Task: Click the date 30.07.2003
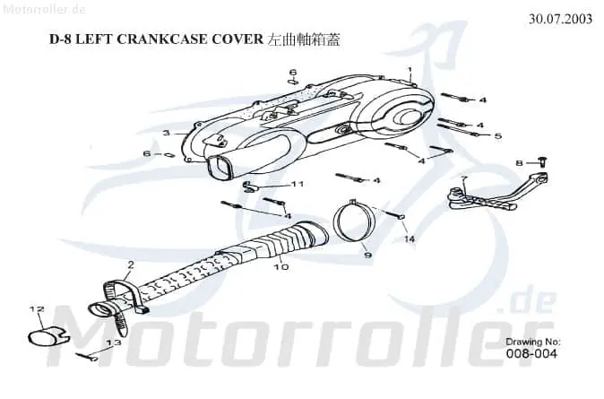pyautogui.click(x=560, y=19)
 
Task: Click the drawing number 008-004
pyautogui.click(x=531, y=353)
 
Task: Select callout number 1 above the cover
pyautogui.click(x=410, y=70)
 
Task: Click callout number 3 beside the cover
pyautogui.click(x=166, y=133)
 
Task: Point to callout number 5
pyautogui.click(x=498, y=135)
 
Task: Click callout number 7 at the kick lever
pyautogui.click(x=464, y=178)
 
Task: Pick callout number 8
pyautogui.click(x=519, y=163)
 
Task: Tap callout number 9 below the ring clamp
pyautogui.click(x=368, y=255)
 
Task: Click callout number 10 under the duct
pyautogui.click(x=281, y=266)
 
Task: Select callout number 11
pyautogui.click(x=298, y=184)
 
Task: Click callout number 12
pyautogui.click(x=37, y=308)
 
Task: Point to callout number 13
pyautogui.click(x=114, y=342)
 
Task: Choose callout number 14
pyautogui.click(x=409, y=239)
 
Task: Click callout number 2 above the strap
pyautogui.click(x=131, y=265)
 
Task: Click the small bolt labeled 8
pyautogui.click(x=543, y=161)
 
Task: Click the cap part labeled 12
pyautogui.click(x=46, y=335)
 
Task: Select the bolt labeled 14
pyautogui.click(x=393, y=214)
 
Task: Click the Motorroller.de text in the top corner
pyautogui.click(x=44, y=9)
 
